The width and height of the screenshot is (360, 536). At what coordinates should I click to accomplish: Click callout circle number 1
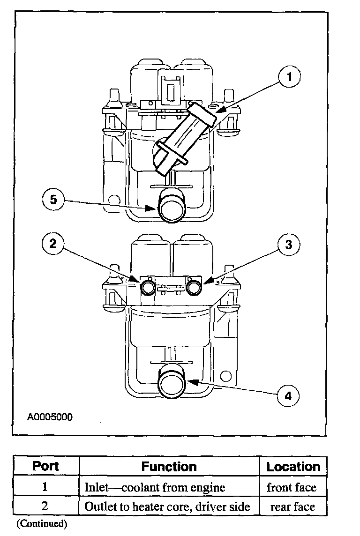tap(290, 76)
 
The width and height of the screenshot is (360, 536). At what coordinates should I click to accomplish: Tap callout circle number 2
tap(52, 244)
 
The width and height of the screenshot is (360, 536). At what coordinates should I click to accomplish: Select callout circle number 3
tap(289, 245)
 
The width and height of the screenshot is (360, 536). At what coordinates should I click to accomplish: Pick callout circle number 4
tap(288, 395)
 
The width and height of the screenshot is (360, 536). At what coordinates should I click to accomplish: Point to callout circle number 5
tap(53, 199)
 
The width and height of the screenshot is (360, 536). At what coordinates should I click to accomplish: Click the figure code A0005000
tap(50, 417)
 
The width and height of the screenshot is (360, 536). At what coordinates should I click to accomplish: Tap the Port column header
tap(45, 466)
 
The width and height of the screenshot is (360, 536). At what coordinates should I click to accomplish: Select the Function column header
tap(169, 467)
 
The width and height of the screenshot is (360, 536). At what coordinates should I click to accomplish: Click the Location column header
tap(293, 467)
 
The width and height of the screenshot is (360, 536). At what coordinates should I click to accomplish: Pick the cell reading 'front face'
tap(292, 487)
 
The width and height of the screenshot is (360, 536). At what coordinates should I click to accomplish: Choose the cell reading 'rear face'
tap(292, 506)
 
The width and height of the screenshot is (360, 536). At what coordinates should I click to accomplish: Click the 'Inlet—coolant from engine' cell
tap(155, 487)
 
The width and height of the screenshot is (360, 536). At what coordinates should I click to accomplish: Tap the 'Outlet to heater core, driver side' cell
tap(167, 506)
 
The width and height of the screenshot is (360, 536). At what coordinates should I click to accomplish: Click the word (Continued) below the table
tap(42, 523)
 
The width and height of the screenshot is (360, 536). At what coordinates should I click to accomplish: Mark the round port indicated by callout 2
tap(149, 288)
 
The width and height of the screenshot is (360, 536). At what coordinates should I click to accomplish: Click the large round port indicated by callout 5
tap(172, 208)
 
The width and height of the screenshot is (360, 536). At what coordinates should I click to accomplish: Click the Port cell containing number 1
tap(45, 487)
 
